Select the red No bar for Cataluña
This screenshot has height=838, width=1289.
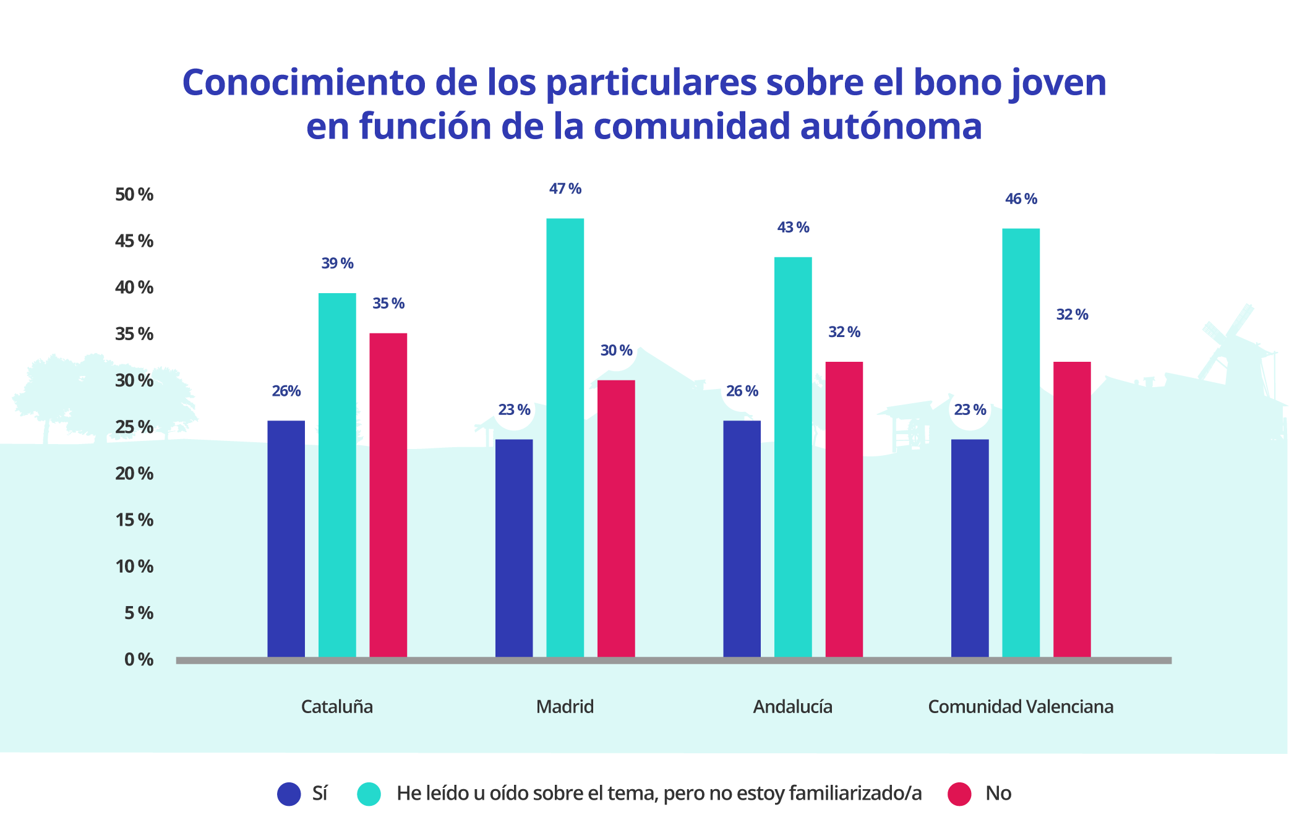(388, 495)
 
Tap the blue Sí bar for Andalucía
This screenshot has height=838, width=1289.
(742, 538)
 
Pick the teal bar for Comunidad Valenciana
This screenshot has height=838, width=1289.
(1021, 442)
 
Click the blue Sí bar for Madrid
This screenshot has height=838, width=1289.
(513, 547)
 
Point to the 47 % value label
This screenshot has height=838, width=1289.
(565, 189)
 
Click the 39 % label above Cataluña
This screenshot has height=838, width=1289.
(337, 263)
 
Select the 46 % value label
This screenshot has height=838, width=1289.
(1021, 199)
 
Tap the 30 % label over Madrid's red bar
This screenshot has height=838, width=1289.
(616, 351)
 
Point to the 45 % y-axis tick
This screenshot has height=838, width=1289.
(134, 241)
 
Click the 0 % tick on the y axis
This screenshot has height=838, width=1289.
(139, 659)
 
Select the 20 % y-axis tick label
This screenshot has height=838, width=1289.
(134, 474)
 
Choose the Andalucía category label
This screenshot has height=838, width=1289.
(792, 706)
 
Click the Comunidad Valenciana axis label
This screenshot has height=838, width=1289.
(1021, 706)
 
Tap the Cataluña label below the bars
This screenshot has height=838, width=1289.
(336, 706)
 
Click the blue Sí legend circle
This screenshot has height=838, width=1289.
(289, 793)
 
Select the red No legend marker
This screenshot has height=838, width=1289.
(959, 793)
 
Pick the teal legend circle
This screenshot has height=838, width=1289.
(369, 793)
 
